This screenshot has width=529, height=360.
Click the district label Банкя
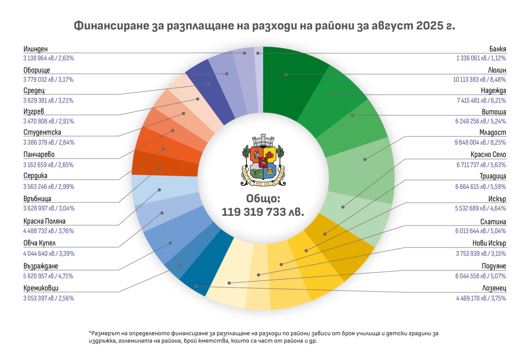[x=498, y=49]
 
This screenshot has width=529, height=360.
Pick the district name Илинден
[x=35, y=49]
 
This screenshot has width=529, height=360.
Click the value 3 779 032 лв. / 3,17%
[x=48, y=80]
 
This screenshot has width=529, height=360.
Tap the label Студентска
[x=42, y=132]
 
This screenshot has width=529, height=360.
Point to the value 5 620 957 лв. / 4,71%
[x=48, y=276]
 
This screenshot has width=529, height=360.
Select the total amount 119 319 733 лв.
[x=263, y=212]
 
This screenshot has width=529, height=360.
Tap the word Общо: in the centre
[x=263, y=198]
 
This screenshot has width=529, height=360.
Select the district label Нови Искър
[x=486, y=244]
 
